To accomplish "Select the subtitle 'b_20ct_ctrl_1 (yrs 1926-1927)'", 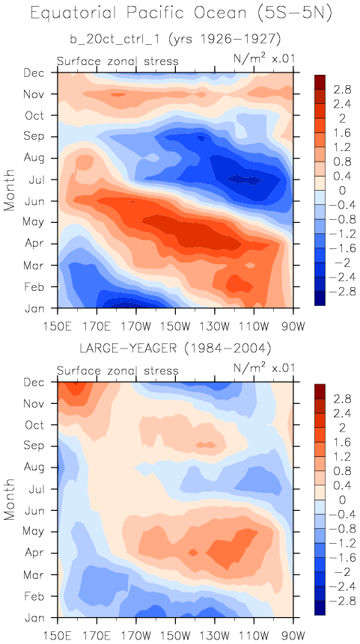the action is [175, 40].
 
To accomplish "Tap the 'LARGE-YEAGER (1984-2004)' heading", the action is [175, 349].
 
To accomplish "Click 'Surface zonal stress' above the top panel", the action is [118, 61].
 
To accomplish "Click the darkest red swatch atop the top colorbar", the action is [320, 82].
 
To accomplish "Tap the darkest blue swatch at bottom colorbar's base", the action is [320, 608].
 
